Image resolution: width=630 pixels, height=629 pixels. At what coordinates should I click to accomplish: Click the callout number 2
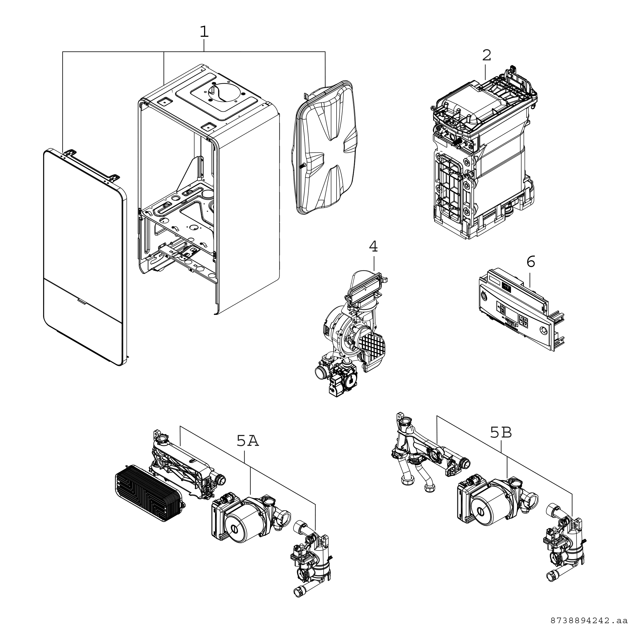486,56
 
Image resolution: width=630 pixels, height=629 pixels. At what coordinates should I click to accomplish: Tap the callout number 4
373,247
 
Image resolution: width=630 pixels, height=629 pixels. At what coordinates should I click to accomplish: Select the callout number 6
531,262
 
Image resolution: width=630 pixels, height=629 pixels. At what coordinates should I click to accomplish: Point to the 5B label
501,433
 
